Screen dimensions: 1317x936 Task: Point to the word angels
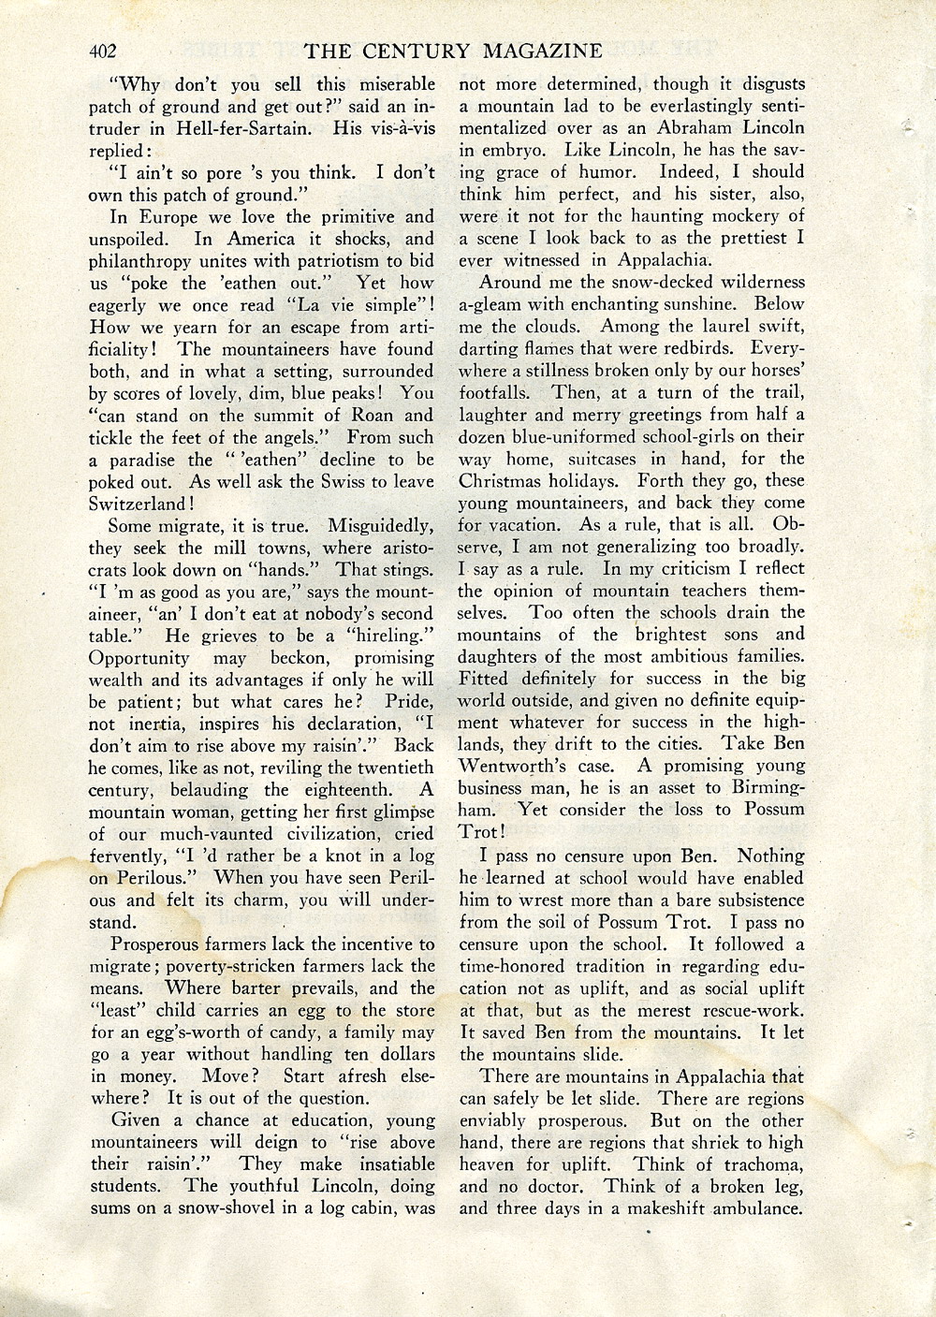(297, 437)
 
